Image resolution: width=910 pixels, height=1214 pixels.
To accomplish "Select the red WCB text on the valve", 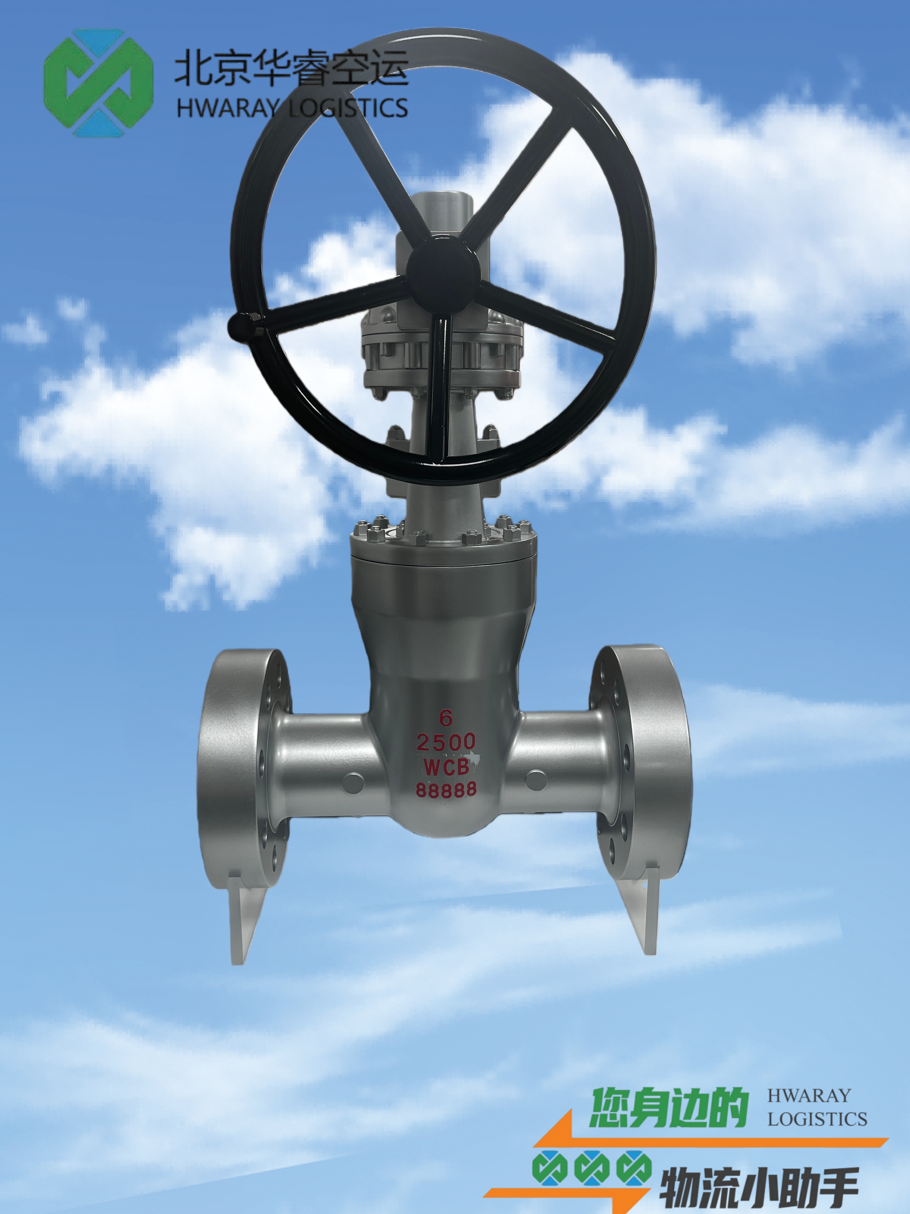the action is point(446,766).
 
